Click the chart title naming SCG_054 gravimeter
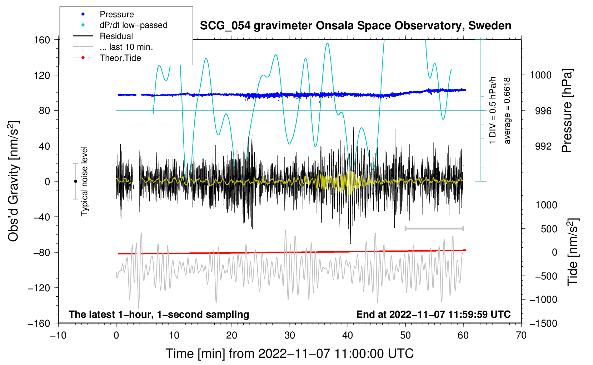(x=355, y=26)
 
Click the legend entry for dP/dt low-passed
(x=133, y=25)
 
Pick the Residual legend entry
(x=116, y=36)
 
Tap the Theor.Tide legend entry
(x=120, y=58)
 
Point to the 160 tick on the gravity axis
(x=42, y=40)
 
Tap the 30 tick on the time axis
(x=290, y=336)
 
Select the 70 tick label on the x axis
(x=521, y=336)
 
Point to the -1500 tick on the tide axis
(x=543, y=323)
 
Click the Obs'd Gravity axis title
(x=14, y=181)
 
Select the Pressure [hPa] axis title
(x=567, y=111)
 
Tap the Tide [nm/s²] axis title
(x=573, y=252)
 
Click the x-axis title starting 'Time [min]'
(x=290, y=354)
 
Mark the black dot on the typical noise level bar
(x=75, y=181)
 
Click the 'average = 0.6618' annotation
(x=507, y=111)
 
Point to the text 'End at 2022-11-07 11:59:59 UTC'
(x=433, y=315)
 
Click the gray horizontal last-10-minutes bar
(x=434, y=228)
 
